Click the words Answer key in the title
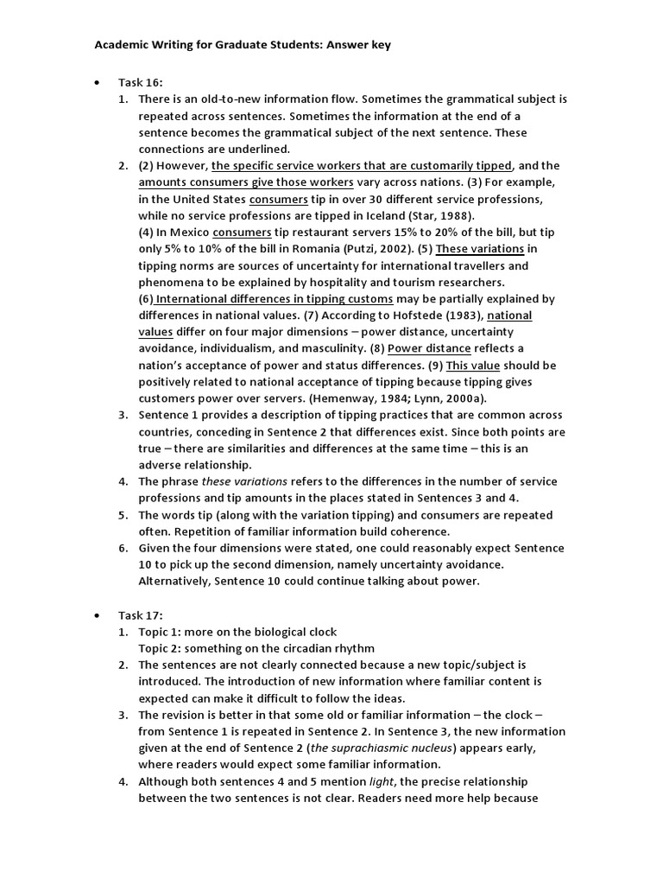click(x=358, y=45)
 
